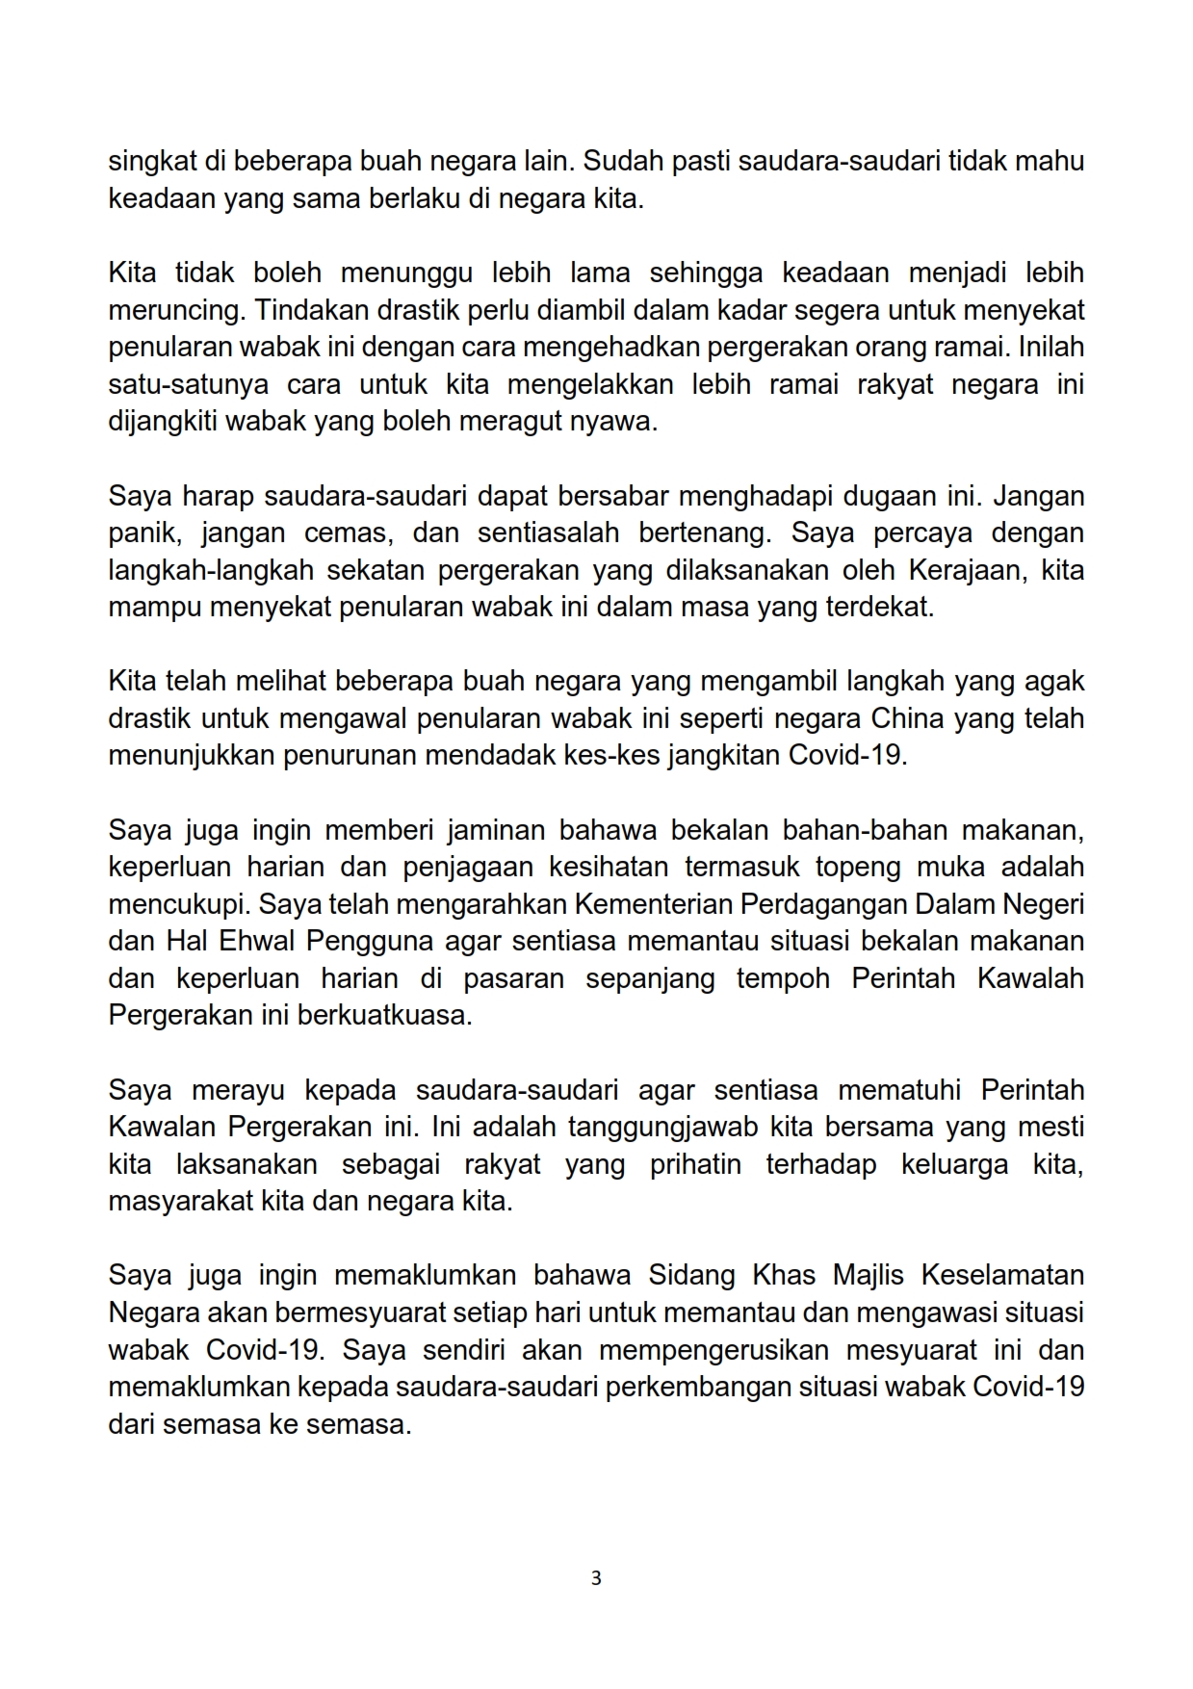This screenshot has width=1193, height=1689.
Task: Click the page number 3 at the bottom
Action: tap(596, 1578)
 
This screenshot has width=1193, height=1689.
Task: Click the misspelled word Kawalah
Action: tap(1029, 978)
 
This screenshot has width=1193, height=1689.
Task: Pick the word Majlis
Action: tap(868, 1275)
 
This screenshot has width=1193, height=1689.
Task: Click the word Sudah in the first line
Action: tap(624, 161)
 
